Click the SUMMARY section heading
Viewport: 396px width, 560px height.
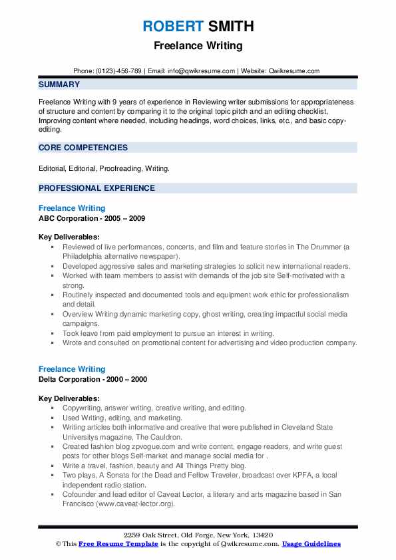pos(59,84)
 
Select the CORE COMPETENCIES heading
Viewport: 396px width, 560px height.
pos(83,148)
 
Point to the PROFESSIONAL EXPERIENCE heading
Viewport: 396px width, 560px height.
pos(97,188)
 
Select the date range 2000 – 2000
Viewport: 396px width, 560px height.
pos(130,379)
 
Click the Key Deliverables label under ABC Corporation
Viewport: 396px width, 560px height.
pos(69,237)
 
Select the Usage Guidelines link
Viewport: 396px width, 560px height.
pos(311,544)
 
